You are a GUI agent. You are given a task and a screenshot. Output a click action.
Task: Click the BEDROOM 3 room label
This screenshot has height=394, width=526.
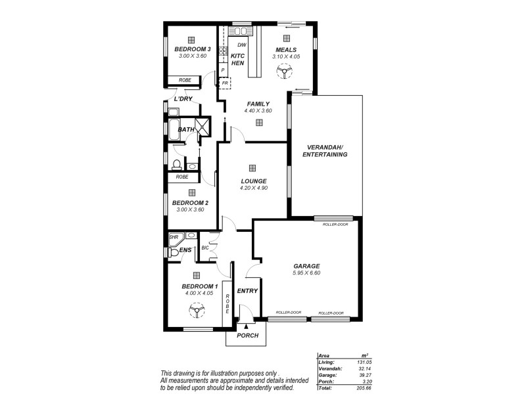(x=192, y=49)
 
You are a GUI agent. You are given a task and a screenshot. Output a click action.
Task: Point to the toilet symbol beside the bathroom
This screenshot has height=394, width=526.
(x=177, y=164)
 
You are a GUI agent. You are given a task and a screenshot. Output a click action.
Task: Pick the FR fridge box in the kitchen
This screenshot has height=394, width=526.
(x=225, y=84)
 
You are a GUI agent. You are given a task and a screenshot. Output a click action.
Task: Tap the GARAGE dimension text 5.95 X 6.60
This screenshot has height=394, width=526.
(x=306, y=273)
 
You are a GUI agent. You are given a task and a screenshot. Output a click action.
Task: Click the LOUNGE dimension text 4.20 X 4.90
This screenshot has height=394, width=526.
(x=253, y=188)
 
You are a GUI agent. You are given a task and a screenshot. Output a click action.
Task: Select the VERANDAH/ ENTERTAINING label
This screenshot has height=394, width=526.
(x=324, y=150)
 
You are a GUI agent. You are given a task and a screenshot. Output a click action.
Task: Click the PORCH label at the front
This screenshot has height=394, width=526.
(x=247, y=336)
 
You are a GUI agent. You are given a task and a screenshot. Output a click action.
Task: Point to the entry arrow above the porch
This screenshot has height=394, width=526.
(x=247, y=325)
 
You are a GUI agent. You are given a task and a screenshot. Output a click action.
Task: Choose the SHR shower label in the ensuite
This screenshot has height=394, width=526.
(x=174, y=237)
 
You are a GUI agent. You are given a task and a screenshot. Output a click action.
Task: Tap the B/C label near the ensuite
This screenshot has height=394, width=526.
(x=204, y=248)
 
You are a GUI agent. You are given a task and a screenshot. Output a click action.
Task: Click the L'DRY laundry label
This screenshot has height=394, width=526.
(x=183, y=99)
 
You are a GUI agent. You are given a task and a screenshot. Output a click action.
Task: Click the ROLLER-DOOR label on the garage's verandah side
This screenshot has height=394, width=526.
(x=335, y=225)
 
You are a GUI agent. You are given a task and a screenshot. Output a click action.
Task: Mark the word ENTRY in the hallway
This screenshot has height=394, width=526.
(x=247, y=290)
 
